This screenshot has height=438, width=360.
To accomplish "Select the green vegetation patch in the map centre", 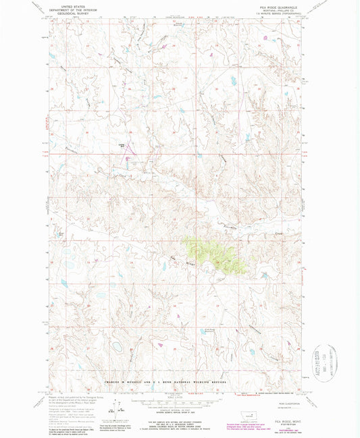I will pos(215,253).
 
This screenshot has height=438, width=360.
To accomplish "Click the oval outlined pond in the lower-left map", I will pos(116,346).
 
